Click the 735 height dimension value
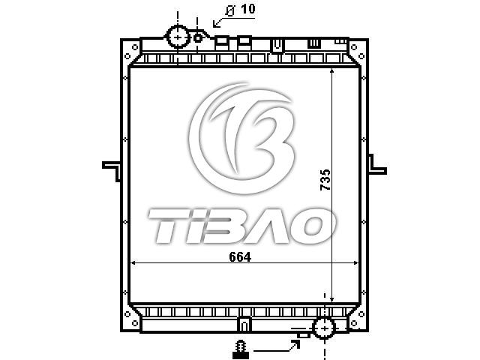coord(325,180)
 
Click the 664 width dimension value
coord(240,257)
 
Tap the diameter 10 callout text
coord(240,10)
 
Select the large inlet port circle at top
coord(178,37)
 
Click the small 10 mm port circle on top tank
coord(198,38)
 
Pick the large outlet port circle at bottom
coord(324,328)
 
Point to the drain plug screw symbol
coord(241,349)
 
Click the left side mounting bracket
coord(112,171)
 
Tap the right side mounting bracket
coord(376,164)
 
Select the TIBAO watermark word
coord(241,226)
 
